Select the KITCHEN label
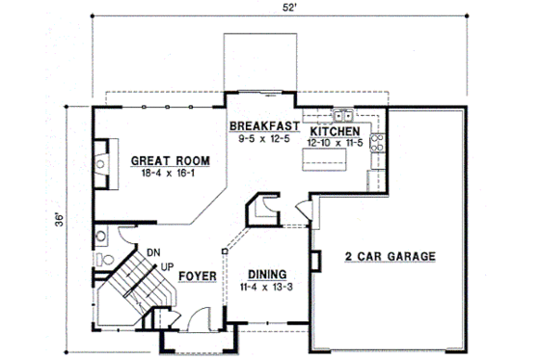336,130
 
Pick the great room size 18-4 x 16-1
159,175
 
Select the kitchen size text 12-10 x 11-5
336,142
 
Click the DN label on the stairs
152,253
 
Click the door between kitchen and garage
304,208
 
